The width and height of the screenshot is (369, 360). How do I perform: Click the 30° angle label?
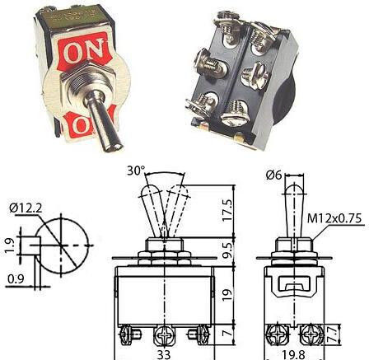[136, 171]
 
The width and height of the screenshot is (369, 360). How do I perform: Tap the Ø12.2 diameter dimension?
[26, 208]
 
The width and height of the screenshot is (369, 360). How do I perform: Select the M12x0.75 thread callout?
[334, 218]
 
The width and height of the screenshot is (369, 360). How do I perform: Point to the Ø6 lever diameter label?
[273, 175]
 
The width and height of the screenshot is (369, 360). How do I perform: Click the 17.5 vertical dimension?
[227, 211]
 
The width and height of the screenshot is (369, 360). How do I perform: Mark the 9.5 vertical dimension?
[227, 250]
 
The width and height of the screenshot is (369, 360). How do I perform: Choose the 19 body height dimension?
[227, 295]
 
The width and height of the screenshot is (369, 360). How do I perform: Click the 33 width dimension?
[164, 354]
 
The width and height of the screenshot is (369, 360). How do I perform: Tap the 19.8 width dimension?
[293, 354]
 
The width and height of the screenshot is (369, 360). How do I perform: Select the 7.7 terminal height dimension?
[333, 334]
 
